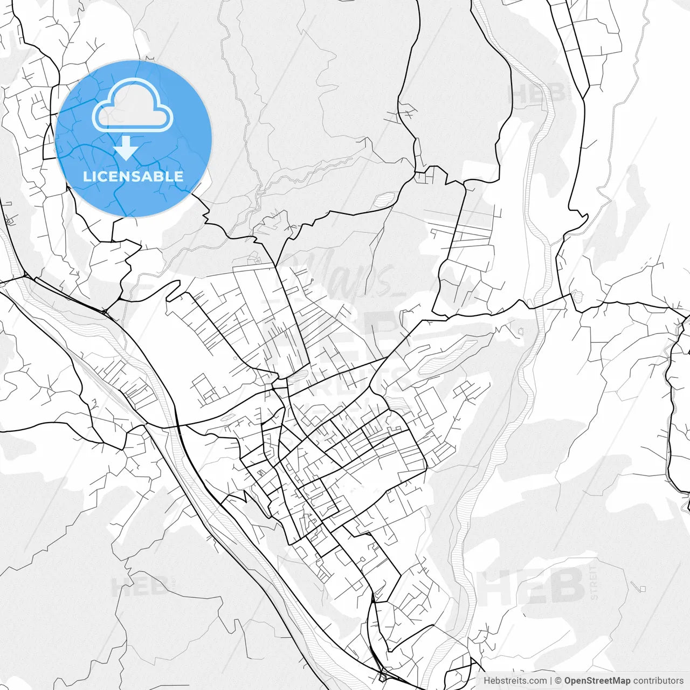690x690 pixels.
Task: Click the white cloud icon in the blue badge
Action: (133, 105)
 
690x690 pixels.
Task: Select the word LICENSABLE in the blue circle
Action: (133, 176)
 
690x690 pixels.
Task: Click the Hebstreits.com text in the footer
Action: (515, 681)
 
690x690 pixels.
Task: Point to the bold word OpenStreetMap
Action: (597, 681)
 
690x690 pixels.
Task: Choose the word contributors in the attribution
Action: (658, 681)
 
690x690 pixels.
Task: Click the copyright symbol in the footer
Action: (558, 681)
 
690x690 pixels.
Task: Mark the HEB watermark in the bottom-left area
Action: (140, 586)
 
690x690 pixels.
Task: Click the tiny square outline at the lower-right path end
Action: (642, 588)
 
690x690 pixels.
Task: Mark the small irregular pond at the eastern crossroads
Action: (577, 297)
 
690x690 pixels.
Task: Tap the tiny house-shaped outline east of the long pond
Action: (521, 330)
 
